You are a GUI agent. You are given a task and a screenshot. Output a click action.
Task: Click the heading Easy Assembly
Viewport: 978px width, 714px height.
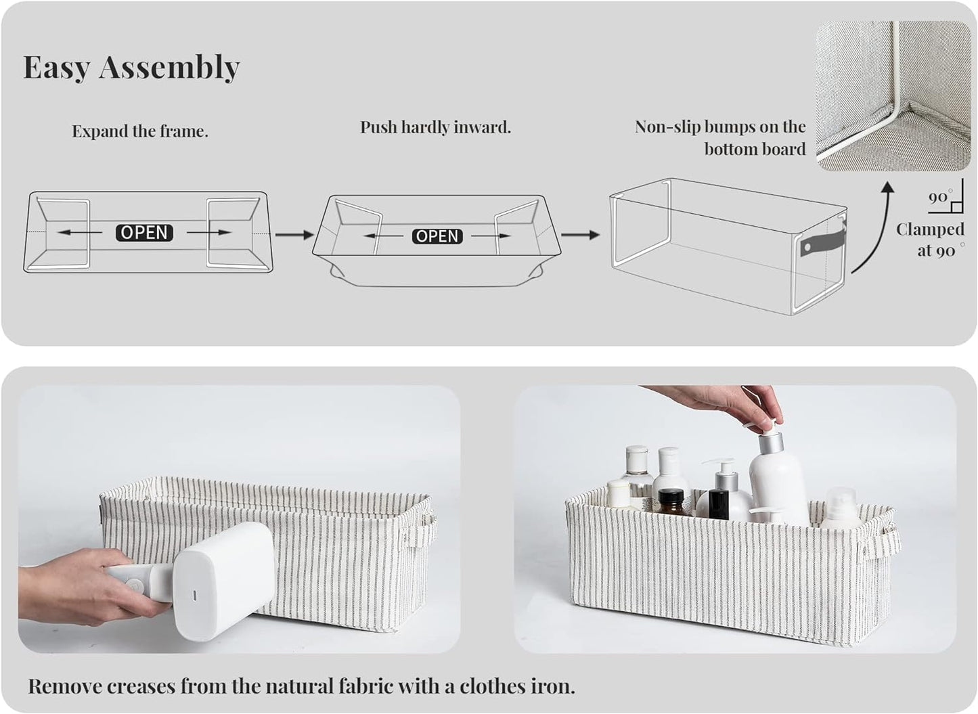click(x=131, y=67)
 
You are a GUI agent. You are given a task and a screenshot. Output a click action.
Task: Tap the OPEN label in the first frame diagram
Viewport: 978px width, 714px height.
click(x=145, y=233)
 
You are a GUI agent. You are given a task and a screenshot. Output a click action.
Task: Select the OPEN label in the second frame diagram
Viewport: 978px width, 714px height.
click(x=437, y=236)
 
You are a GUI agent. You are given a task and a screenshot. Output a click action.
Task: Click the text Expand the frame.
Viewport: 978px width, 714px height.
click(x=140, y=131)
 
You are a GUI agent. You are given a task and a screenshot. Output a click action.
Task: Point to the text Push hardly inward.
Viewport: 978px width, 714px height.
click(x=435, y=127)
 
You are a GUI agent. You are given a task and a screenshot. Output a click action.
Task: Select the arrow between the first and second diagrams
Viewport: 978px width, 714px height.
click(x=294, y=235)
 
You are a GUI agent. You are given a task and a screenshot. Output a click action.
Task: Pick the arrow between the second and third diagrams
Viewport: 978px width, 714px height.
click(x=580, y=235)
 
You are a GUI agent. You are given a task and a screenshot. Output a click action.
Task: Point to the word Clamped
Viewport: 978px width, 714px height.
click(x=930, y=229)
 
